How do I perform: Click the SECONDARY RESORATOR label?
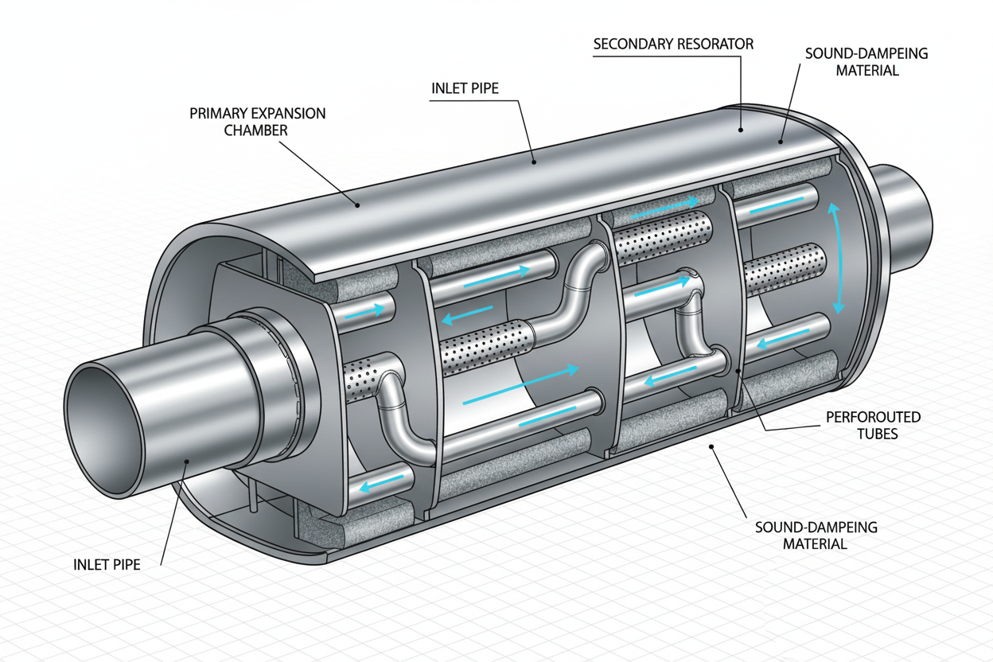click(673, 44)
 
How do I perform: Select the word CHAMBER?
click(255, 130)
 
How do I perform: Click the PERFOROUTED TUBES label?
click(874, 425)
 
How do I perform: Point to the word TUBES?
click(878, 434)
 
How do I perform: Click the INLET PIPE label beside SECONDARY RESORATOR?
click(465, 88)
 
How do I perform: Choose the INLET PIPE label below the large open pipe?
click(107, 564)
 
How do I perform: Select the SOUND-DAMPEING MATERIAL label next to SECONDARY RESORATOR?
click(866, 62)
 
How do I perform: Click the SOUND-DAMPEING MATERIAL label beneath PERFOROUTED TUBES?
click(816, 535)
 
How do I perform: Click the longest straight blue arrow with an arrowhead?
click(521, 385)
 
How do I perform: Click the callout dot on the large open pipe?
click(187, 461)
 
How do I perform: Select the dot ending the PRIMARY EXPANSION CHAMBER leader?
click(357, 204)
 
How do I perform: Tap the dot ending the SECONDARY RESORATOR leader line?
click(740, 130)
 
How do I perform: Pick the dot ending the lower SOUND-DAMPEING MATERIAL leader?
click(711, 446)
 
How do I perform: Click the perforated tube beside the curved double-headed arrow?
click(785, 269)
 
